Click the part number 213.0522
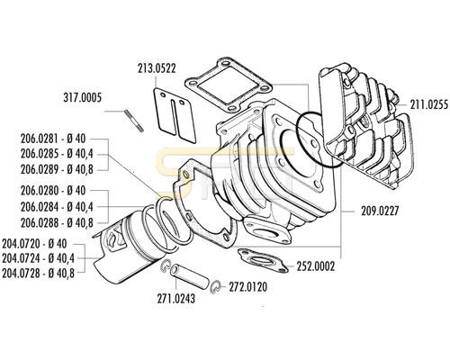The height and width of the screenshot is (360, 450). tap(157, 68)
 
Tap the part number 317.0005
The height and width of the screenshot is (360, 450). tap(83, 97)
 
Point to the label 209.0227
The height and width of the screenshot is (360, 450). tap(380, 211)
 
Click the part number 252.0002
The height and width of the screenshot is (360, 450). tap(315, 266)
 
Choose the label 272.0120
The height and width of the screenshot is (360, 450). tap(248, 287)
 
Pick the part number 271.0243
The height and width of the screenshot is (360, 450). tap(176, 299)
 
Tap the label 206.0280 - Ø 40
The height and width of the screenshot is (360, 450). tap(53, 191)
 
